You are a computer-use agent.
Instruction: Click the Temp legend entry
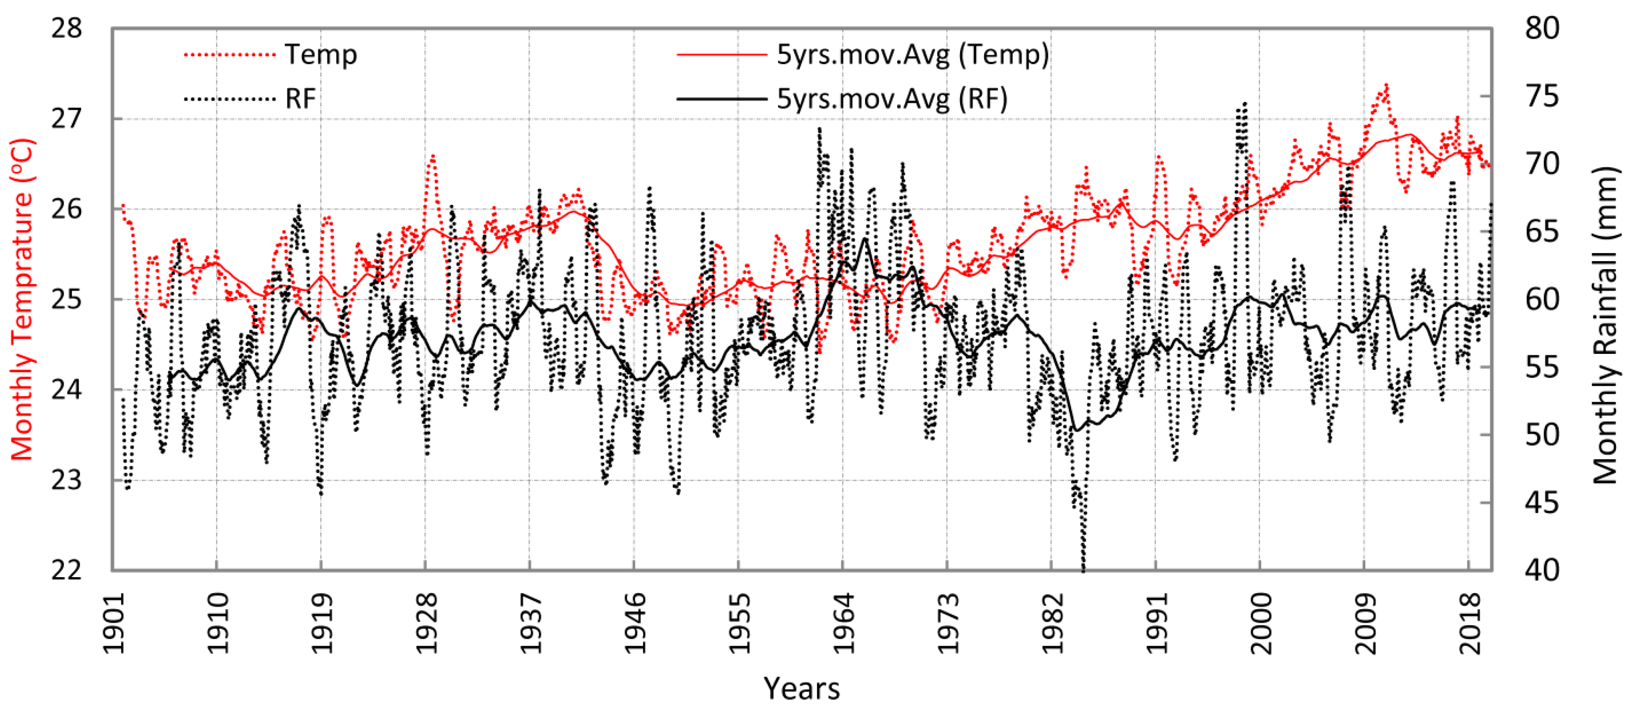click(320, 54)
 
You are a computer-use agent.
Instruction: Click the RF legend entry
click(301, 99)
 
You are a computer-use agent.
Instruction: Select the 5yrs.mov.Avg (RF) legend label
click(892, 99)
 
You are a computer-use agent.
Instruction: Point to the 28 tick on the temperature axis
click(67, 29)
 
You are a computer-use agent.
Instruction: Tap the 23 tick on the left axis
click(67, 480)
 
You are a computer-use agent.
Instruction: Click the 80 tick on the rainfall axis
click(1541, 29)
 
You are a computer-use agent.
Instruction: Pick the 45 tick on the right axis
click(1541, 503)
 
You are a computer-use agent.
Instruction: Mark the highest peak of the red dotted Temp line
click(1386, 84)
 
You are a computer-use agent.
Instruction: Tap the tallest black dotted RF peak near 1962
click(819, 129)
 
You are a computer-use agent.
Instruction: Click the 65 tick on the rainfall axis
click(1541, 232)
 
